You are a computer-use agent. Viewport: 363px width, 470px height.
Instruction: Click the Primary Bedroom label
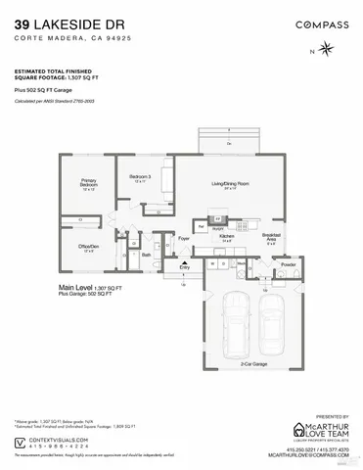(89, 182)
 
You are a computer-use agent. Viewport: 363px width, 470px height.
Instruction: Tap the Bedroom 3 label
(139, 178)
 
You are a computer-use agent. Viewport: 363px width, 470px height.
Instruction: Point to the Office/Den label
(89, 247)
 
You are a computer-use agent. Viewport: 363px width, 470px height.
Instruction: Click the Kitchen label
(227, 237)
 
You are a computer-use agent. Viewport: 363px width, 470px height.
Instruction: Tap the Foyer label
(183, 237)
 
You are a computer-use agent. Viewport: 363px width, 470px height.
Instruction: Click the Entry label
(183, 266)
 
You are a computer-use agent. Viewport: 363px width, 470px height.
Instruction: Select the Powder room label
(288, 265)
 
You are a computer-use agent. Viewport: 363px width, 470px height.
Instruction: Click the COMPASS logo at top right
(315, 22)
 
